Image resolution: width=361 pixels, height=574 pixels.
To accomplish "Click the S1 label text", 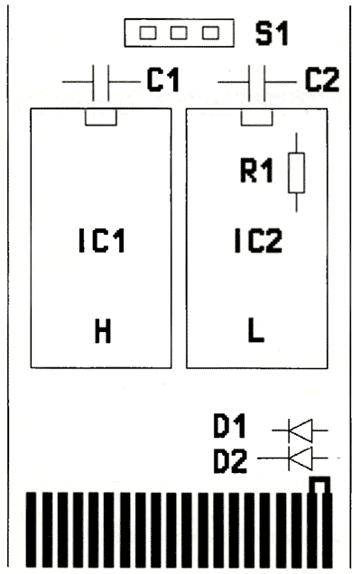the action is [272, 33].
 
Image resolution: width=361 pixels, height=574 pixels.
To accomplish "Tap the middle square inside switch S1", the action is [179, 33].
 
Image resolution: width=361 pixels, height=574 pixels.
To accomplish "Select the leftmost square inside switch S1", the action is [147, 33].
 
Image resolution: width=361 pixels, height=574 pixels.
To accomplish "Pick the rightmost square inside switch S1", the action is [210, 33].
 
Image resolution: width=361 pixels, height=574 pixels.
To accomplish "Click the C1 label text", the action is [163, 79].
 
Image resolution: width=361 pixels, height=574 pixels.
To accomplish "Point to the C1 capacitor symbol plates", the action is [101, 83].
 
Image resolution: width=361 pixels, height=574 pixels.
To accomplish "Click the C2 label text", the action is [322, 79].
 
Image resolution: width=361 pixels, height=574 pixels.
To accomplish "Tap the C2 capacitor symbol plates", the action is [257, 83].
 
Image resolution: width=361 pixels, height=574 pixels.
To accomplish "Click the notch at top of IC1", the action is [101, 117].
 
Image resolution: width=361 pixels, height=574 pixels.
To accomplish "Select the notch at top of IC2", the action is [257, 117].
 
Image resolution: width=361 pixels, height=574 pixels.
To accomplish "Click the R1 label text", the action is [256, 170].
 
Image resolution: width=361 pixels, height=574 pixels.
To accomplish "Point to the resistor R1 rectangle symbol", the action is [296, 172].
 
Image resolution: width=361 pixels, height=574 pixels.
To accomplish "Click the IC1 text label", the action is [102, 240].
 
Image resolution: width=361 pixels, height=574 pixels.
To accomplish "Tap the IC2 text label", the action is [258, 240].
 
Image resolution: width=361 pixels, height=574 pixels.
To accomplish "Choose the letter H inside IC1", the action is [103, 331].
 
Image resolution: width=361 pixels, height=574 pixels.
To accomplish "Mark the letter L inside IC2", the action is [256, 330].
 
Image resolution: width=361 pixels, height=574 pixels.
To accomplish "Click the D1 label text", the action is [229, 426].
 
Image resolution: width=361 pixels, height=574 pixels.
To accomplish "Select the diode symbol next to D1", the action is [301, 430].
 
